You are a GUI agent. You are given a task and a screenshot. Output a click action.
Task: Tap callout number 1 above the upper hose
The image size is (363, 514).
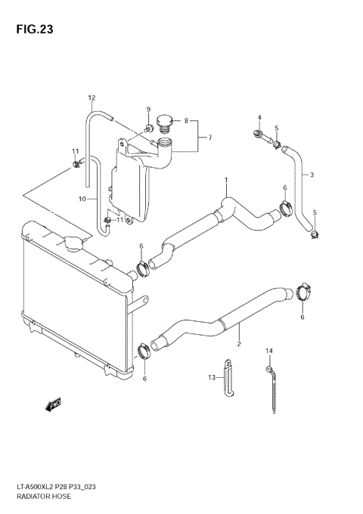point(225,180)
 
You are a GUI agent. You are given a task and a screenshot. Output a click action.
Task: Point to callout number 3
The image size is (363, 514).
point(312,175)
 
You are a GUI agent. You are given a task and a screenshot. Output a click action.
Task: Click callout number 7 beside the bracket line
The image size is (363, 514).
point(209,138)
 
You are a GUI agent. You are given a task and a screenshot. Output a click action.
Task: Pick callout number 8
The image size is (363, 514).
point(186,121)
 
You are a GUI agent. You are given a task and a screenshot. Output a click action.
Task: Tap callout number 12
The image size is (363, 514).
point(92,98)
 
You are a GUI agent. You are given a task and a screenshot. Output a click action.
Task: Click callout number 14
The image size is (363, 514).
point(268,351)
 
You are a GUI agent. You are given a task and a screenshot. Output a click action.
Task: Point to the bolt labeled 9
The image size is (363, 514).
point(148,126)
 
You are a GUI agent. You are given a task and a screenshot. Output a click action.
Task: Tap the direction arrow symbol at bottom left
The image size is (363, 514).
point(53,404)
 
